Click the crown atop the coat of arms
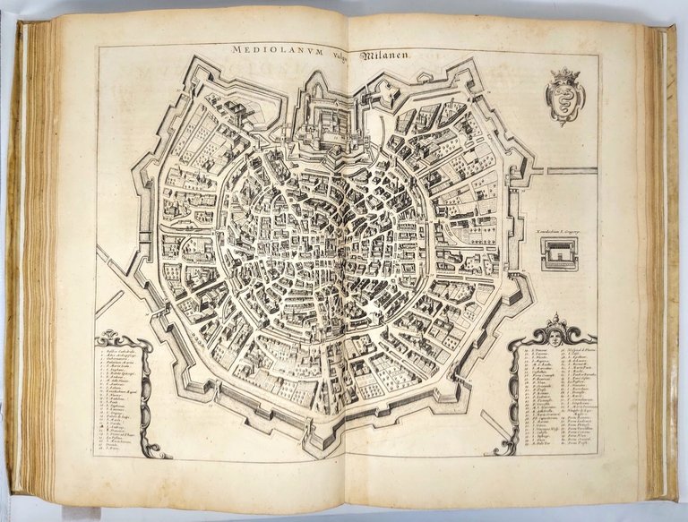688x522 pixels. pyautogui.click(x=565, y=76)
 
